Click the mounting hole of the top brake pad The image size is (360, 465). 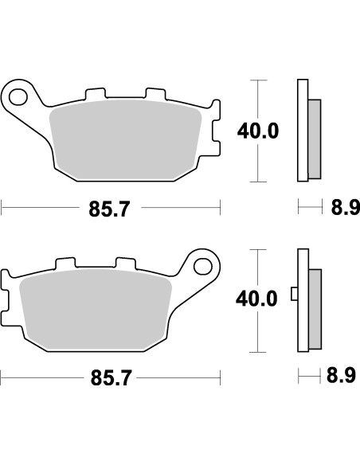(18, 98)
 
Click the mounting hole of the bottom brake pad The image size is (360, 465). (202, 266)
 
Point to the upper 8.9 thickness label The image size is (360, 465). (341, 209)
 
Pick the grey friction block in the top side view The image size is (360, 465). (315, 139)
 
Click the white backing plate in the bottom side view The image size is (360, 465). (302, 299)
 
